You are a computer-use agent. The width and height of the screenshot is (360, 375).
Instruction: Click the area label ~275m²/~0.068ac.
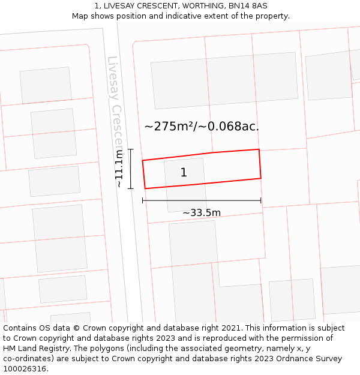coord(202,126)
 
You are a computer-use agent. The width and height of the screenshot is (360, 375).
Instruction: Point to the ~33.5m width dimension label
coord(202,212)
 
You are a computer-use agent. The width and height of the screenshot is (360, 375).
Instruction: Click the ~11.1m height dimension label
coord(119,169)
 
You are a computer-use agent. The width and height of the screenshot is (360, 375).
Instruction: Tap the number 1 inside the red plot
coord(184,173)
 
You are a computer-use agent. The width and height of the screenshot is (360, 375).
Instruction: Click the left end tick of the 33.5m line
coord(143,200)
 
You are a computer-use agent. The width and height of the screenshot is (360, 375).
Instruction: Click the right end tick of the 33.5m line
coord(261,200)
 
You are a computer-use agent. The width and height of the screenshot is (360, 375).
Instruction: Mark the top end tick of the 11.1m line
coord(130,149)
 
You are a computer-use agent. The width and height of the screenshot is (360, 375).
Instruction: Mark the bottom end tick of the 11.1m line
coord(130,188)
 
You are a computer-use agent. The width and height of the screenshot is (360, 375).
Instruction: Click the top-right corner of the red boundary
coord(259,149)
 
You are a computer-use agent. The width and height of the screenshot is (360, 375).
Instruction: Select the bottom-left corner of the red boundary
coord(145,188)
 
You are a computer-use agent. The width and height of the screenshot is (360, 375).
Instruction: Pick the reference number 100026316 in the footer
coord(25,369)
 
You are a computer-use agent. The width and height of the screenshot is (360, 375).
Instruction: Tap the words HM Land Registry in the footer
coord(35,349)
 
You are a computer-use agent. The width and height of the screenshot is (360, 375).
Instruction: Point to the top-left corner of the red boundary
coord(142,160)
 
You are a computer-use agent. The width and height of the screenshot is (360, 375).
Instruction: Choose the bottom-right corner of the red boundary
coord(261,178)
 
